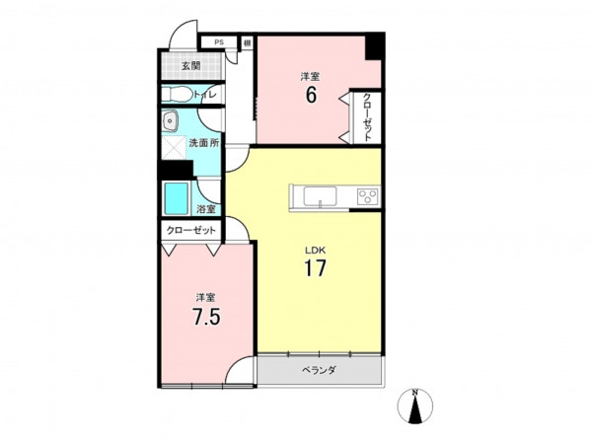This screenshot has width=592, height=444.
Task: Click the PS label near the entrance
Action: (219, 42)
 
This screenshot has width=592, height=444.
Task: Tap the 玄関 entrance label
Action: (191, 66)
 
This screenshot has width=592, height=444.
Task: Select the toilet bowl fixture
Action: (177, 94)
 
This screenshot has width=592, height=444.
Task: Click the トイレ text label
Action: (205, 95)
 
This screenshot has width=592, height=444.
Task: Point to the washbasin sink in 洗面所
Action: (171, 121)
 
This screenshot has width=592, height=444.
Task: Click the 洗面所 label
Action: (204, 143)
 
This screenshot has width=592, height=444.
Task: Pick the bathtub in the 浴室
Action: (176, 199)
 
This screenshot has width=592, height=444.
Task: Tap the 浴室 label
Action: (206, 209)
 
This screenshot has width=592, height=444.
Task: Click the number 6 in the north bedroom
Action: (311, 95)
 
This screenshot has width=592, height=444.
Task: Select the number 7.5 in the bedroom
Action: (206, 317)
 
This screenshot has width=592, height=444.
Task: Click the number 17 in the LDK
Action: (315, 268)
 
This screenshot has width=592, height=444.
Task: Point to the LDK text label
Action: (316, 250)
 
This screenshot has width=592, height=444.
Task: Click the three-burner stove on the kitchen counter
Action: (368, 196)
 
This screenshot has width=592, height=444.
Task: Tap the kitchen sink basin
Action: (320, 196)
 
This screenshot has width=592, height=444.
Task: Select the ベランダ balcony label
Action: (319, 370)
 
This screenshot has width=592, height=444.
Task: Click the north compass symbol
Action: (415, 406)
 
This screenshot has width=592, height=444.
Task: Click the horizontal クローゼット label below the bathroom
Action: (191, 230)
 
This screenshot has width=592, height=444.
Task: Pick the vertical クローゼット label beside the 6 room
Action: (367, 117)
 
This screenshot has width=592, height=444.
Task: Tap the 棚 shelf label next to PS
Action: (248, 42)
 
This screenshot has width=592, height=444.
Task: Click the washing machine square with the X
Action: (174, 148)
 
